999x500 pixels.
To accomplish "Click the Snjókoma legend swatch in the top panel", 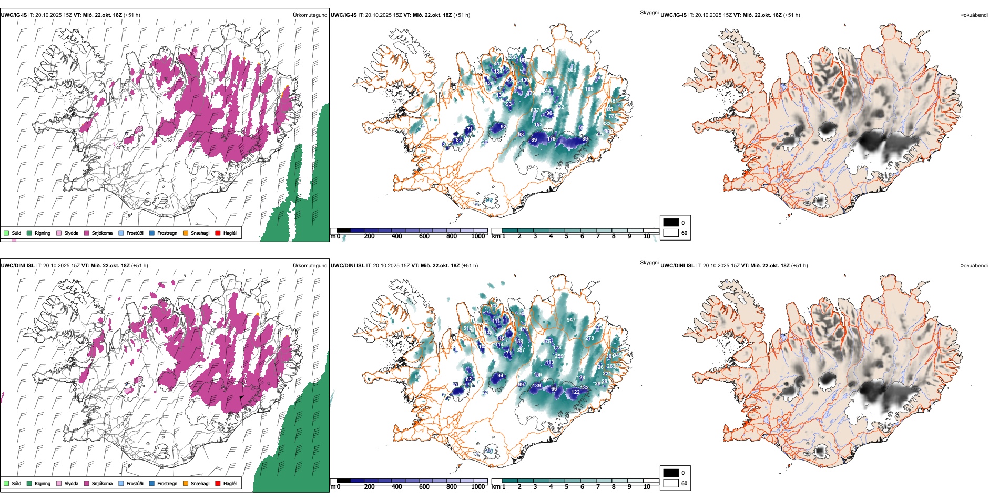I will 87,233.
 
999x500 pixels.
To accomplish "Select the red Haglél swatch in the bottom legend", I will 218,483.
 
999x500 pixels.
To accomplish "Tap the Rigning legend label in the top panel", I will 43,233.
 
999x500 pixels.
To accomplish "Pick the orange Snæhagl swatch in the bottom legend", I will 186,483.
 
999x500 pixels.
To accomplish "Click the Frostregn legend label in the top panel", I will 167,233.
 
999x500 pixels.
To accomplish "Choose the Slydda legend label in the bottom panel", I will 72,484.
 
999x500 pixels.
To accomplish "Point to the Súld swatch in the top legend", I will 6,233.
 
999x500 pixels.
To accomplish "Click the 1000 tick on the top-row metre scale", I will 478,236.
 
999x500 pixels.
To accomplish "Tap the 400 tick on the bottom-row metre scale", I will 397,487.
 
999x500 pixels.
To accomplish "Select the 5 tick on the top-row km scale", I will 567,236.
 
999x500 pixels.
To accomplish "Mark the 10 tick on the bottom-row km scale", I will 647,487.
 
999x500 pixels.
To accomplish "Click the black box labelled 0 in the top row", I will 671,223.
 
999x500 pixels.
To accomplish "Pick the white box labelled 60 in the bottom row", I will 671,483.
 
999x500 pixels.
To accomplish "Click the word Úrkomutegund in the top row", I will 310,15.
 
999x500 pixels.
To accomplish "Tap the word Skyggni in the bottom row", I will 649,263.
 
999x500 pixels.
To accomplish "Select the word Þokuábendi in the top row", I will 974,15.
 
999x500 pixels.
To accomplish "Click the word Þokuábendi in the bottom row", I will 974,266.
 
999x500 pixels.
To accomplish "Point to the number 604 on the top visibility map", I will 572,70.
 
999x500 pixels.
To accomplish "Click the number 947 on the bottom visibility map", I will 571,320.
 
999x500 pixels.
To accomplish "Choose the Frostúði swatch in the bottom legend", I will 121,483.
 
